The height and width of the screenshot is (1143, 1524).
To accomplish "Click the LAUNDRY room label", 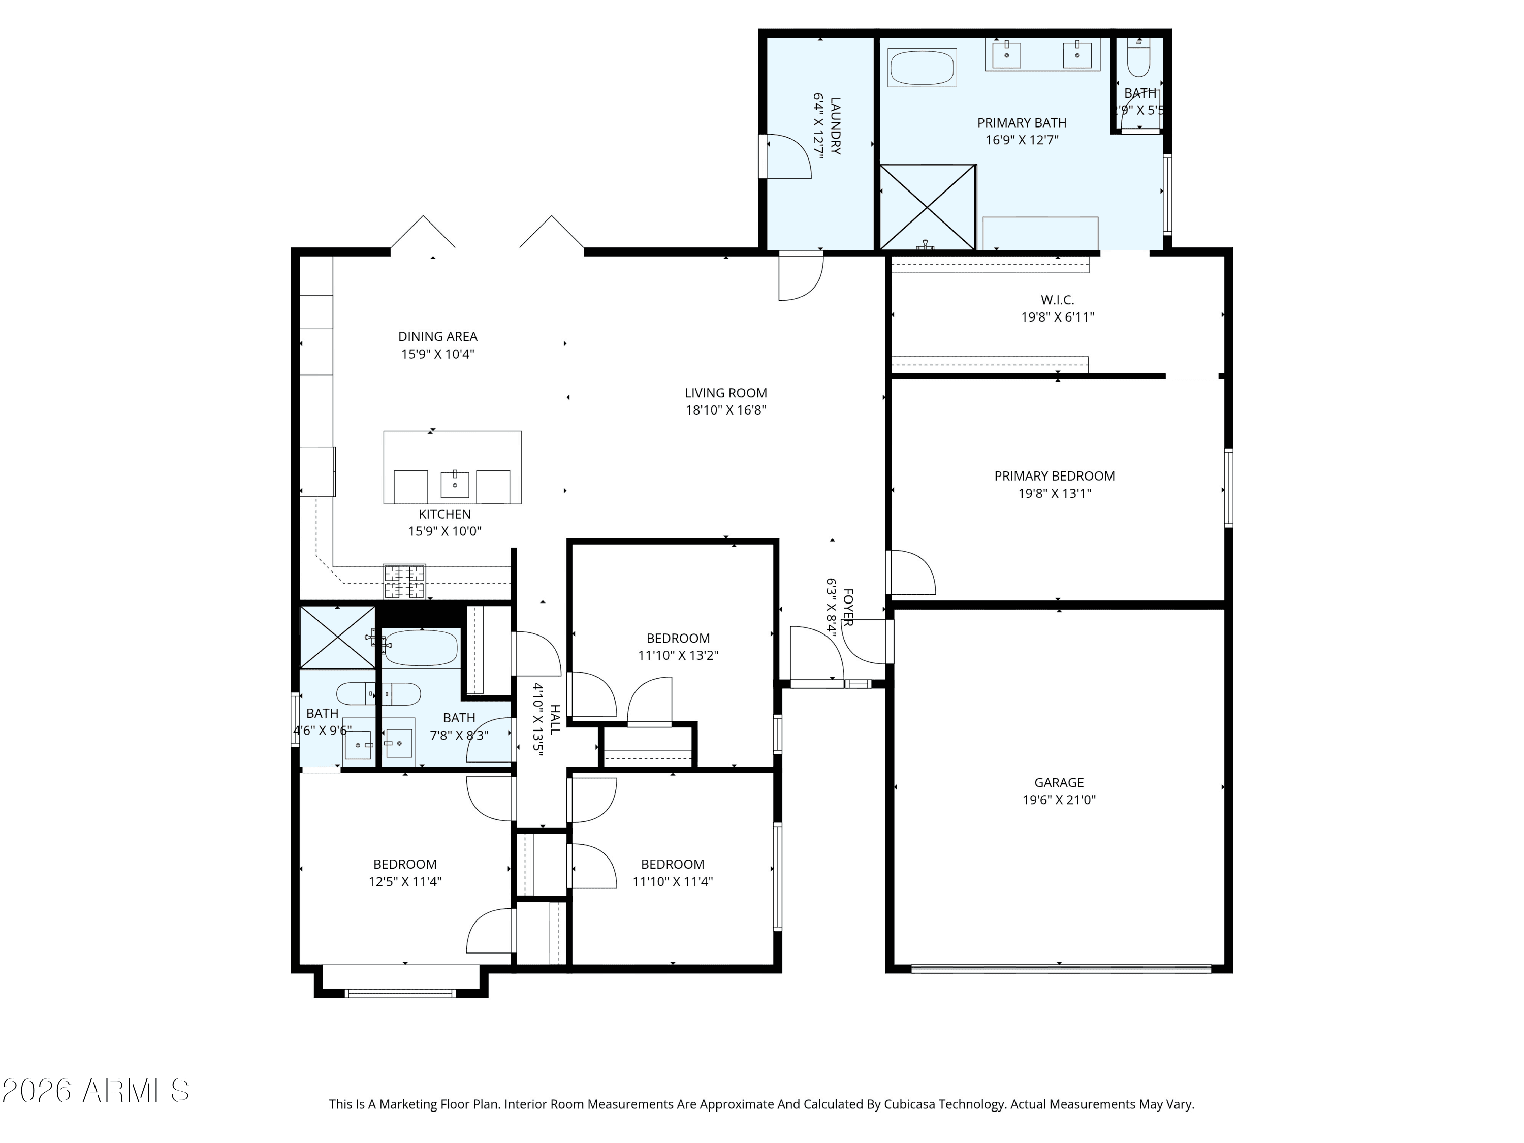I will [x=835, y=126].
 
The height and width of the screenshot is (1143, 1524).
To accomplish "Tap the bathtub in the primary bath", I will [x=922, y=68].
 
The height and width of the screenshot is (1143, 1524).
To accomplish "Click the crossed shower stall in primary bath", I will [x=927, y=207].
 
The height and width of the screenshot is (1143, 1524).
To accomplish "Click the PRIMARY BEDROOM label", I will [x=1054, y=476].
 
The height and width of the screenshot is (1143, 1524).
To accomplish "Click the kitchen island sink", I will [x=455, y=484].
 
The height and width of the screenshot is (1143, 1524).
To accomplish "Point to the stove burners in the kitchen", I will [x=404, y=581].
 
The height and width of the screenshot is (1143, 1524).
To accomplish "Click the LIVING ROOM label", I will [x=725, y=393].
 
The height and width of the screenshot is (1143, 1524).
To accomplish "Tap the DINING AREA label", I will [x=437, y=337].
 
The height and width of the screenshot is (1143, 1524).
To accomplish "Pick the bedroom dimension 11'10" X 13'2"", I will [x=678, y=656].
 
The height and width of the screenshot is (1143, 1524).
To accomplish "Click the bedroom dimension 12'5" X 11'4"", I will [x=405, y=882].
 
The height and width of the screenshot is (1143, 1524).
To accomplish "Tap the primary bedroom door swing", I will [x=913, y=572].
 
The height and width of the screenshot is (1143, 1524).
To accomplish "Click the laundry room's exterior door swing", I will [x=787, y=156].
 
